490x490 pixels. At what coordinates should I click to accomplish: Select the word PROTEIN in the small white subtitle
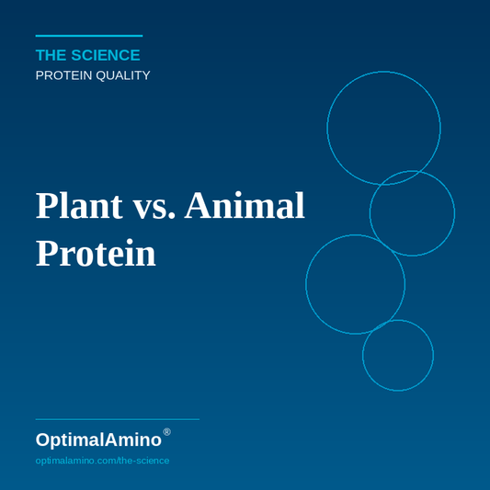tap(63, 75)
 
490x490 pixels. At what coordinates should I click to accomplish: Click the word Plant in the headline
tap(79, 206)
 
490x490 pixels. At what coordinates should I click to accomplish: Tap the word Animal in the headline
tap(245, 206)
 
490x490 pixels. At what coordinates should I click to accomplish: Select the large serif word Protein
tap(96, 254)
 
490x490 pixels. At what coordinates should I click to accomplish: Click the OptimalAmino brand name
tap(98, 439)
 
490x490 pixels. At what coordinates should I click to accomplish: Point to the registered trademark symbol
tap(166, 432)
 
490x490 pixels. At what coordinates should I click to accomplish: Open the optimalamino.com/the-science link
tap(102, 460)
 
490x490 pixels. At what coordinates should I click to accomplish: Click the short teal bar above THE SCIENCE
tap(88, 36)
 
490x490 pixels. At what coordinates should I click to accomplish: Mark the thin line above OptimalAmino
tap(117, 419)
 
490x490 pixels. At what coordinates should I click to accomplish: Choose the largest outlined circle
tap(383, 128)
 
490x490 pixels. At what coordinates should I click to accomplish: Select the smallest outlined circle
tap(397, 355)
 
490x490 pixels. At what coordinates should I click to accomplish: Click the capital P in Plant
tap(46, 206)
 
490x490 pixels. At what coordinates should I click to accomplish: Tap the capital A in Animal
tap(199, 206)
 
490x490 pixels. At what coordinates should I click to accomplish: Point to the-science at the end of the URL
tap(144, 460)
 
